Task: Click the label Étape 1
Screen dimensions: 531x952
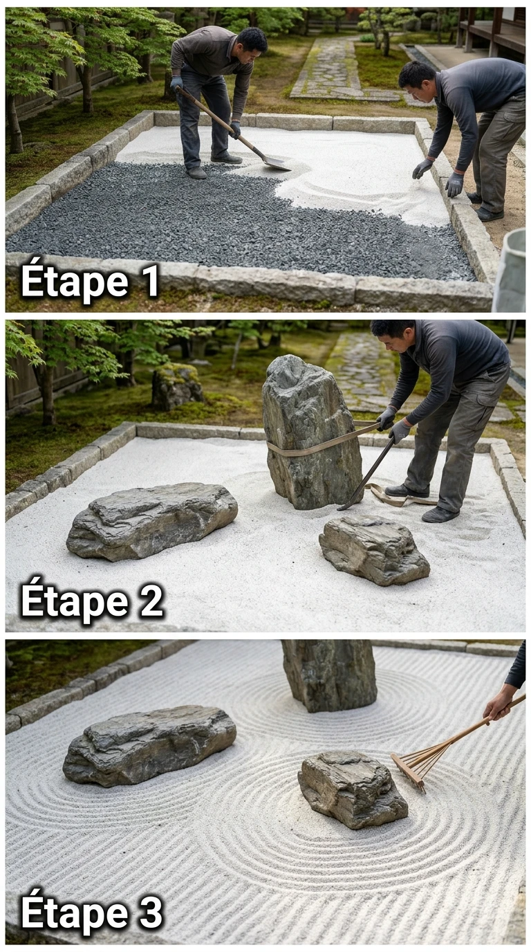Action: pyautogui.click(x=90, y=281)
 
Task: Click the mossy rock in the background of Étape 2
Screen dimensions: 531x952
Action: pyautogui.click(x=177, y=386)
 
